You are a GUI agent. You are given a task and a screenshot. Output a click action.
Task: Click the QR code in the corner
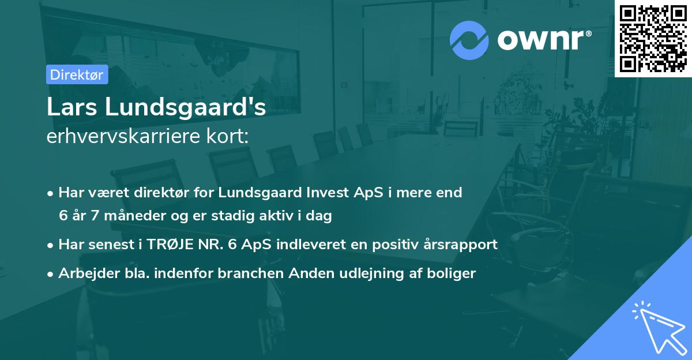pyautogui.click(x=653, y=38)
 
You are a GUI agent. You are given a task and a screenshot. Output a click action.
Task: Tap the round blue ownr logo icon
pyautogui.click(x=469, y=40)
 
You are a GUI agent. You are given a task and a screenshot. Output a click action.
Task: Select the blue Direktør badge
pyautogui.click(x=77, y=74)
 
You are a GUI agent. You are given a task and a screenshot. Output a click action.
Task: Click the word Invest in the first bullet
pyautogui.click(x=324, y=193)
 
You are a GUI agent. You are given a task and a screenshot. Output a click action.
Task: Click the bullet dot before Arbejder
pyautogui.click(x=51, y=273)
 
